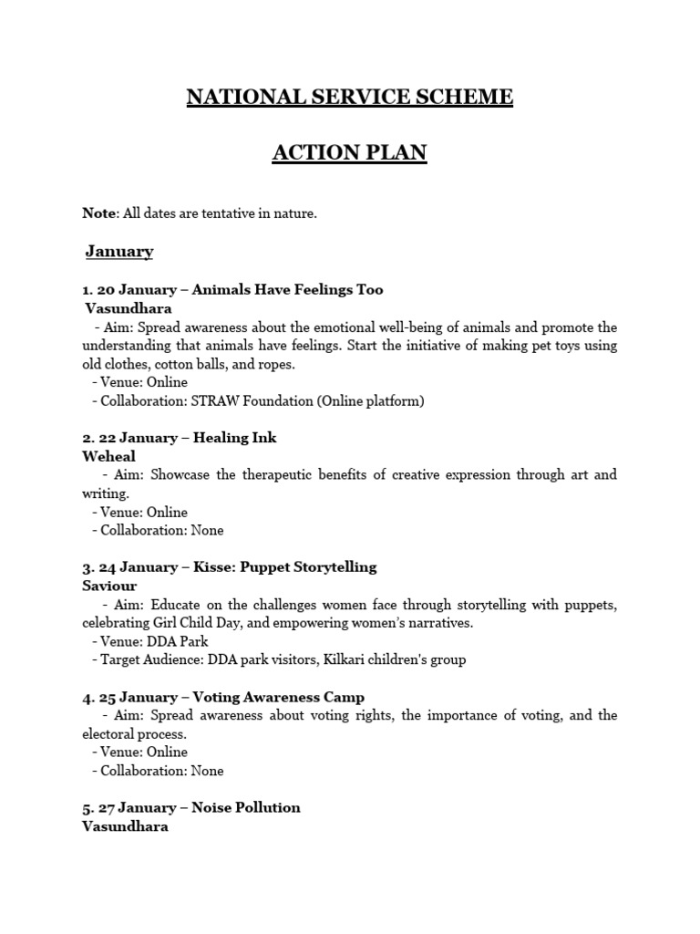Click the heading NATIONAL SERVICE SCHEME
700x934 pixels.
point(350,97)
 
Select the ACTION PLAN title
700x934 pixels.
point(350,152)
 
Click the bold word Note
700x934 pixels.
point(99,213)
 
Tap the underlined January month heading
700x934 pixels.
point(119,252)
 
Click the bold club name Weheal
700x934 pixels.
point(108,456)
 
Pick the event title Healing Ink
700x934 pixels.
point(234,438)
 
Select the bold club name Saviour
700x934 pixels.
point(109,586)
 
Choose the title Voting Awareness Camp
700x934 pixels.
point(279,698)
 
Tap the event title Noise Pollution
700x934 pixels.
point(247,808)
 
